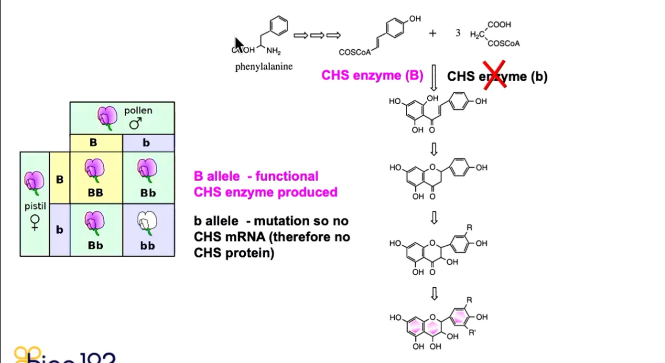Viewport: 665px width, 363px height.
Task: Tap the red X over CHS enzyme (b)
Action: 495,75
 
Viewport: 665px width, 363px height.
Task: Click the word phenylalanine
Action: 264,66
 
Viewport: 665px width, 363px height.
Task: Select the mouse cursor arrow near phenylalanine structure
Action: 239,44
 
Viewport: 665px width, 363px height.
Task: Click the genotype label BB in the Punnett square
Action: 95,192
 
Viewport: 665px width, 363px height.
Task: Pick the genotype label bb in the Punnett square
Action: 148,245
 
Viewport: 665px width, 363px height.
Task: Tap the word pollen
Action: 138,110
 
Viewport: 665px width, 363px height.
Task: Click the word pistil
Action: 34,205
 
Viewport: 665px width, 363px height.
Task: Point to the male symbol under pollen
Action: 135,123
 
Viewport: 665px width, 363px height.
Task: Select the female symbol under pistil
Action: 34,222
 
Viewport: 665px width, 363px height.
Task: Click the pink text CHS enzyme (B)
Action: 372,75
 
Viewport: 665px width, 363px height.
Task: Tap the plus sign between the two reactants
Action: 432,33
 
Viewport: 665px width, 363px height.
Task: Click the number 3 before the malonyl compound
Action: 458,33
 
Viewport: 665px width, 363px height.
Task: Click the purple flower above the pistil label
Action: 34,182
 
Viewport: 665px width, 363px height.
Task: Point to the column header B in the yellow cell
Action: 93,143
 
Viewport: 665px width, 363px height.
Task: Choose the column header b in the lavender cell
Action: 146,143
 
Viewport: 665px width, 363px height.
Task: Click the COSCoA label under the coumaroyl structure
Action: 354,52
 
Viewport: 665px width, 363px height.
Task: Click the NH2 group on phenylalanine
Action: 274,51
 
